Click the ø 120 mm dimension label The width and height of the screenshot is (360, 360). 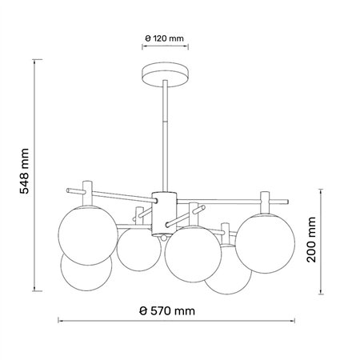click(x=165, y=38)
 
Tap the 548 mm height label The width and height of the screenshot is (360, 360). click(x=24, y=171)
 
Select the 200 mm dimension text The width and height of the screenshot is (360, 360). click(x=311, y=239)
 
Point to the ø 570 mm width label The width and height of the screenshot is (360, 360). click(x=167, y=311)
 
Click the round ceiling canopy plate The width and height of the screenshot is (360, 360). click(x=165, y=75)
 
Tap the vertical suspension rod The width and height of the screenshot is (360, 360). click(x=165, y=136)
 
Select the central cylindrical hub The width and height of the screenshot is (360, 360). click(x=164, y=214)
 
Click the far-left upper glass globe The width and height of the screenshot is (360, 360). click(x=88, y=235)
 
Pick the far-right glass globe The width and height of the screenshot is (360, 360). click(x=265, y=243)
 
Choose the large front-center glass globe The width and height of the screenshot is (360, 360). click(x=193, y=254)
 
